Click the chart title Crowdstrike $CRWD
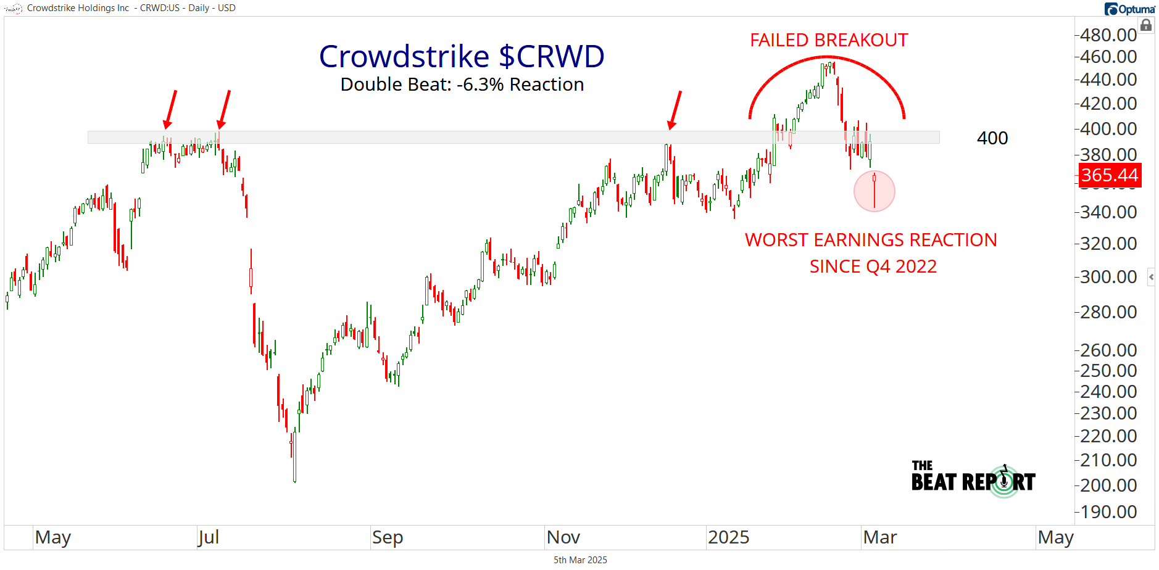(462, 57)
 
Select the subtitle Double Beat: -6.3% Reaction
(462, 85)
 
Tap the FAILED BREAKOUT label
(829, 40)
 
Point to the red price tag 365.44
(1110, 175)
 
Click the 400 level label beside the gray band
(992, 138)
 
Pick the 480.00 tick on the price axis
(1108, 35)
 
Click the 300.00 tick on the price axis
(1108, 277)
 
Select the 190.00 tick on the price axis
(1108, 512)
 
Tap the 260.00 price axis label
(1108, 350)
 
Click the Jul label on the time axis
(208, 537)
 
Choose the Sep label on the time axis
(387, 537)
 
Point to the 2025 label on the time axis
(728, 537)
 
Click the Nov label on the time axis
(563, 537)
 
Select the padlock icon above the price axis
(1146, 25)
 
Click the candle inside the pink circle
(874, 190)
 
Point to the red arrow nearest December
(676, 110)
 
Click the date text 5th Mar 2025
(580, 560)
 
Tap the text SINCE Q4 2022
(873, 266)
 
